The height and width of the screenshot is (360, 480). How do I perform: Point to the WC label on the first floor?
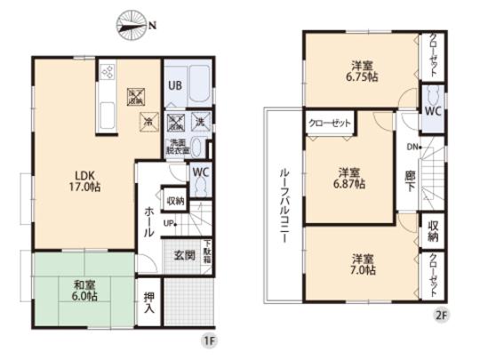coord(200,172)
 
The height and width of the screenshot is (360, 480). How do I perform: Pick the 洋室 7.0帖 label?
coord(361,263)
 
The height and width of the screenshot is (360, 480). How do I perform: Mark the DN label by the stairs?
coord(412,147)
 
